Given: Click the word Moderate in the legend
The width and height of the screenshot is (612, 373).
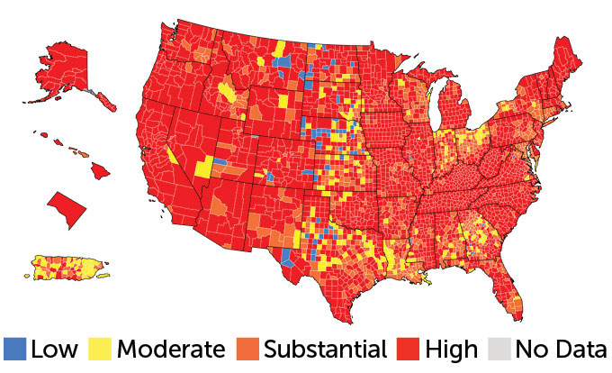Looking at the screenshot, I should [171, 349].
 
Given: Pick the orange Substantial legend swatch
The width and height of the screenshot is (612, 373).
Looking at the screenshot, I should [247, 349].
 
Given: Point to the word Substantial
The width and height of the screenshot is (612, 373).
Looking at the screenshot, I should [325, 349].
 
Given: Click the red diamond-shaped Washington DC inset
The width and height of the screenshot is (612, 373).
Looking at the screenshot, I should [66, 209].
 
